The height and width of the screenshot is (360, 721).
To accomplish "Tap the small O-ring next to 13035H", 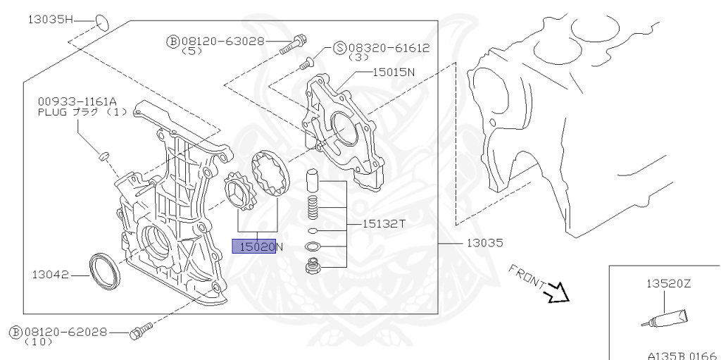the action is [102, 22].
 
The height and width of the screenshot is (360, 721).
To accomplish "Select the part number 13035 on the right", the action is [484, 243].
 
